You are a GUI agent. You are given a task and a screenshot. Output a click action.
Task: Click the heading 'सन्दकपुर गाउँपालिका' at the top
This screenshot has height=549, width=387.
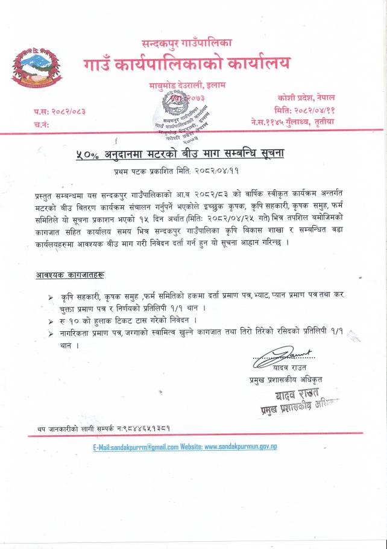click(x=187, y=43)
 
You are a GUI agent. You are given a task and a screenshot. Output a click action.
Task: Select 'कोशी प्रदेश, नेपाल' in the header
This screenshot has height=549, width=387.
click(x=306, y=98)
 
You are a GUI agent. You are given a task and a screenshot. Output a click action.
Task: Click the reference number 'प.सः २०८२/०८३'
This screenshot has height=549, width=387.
click(x=60, y=112)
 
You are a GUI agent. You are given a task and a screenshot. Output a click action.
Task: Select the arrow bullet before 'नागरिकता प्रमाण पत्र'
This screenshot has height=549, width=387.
click(x=51, y=334)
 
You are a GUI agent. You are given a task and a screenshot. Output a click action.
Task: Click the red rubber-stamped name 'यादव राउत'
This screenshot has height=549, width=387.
click(x=300, y=395)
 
